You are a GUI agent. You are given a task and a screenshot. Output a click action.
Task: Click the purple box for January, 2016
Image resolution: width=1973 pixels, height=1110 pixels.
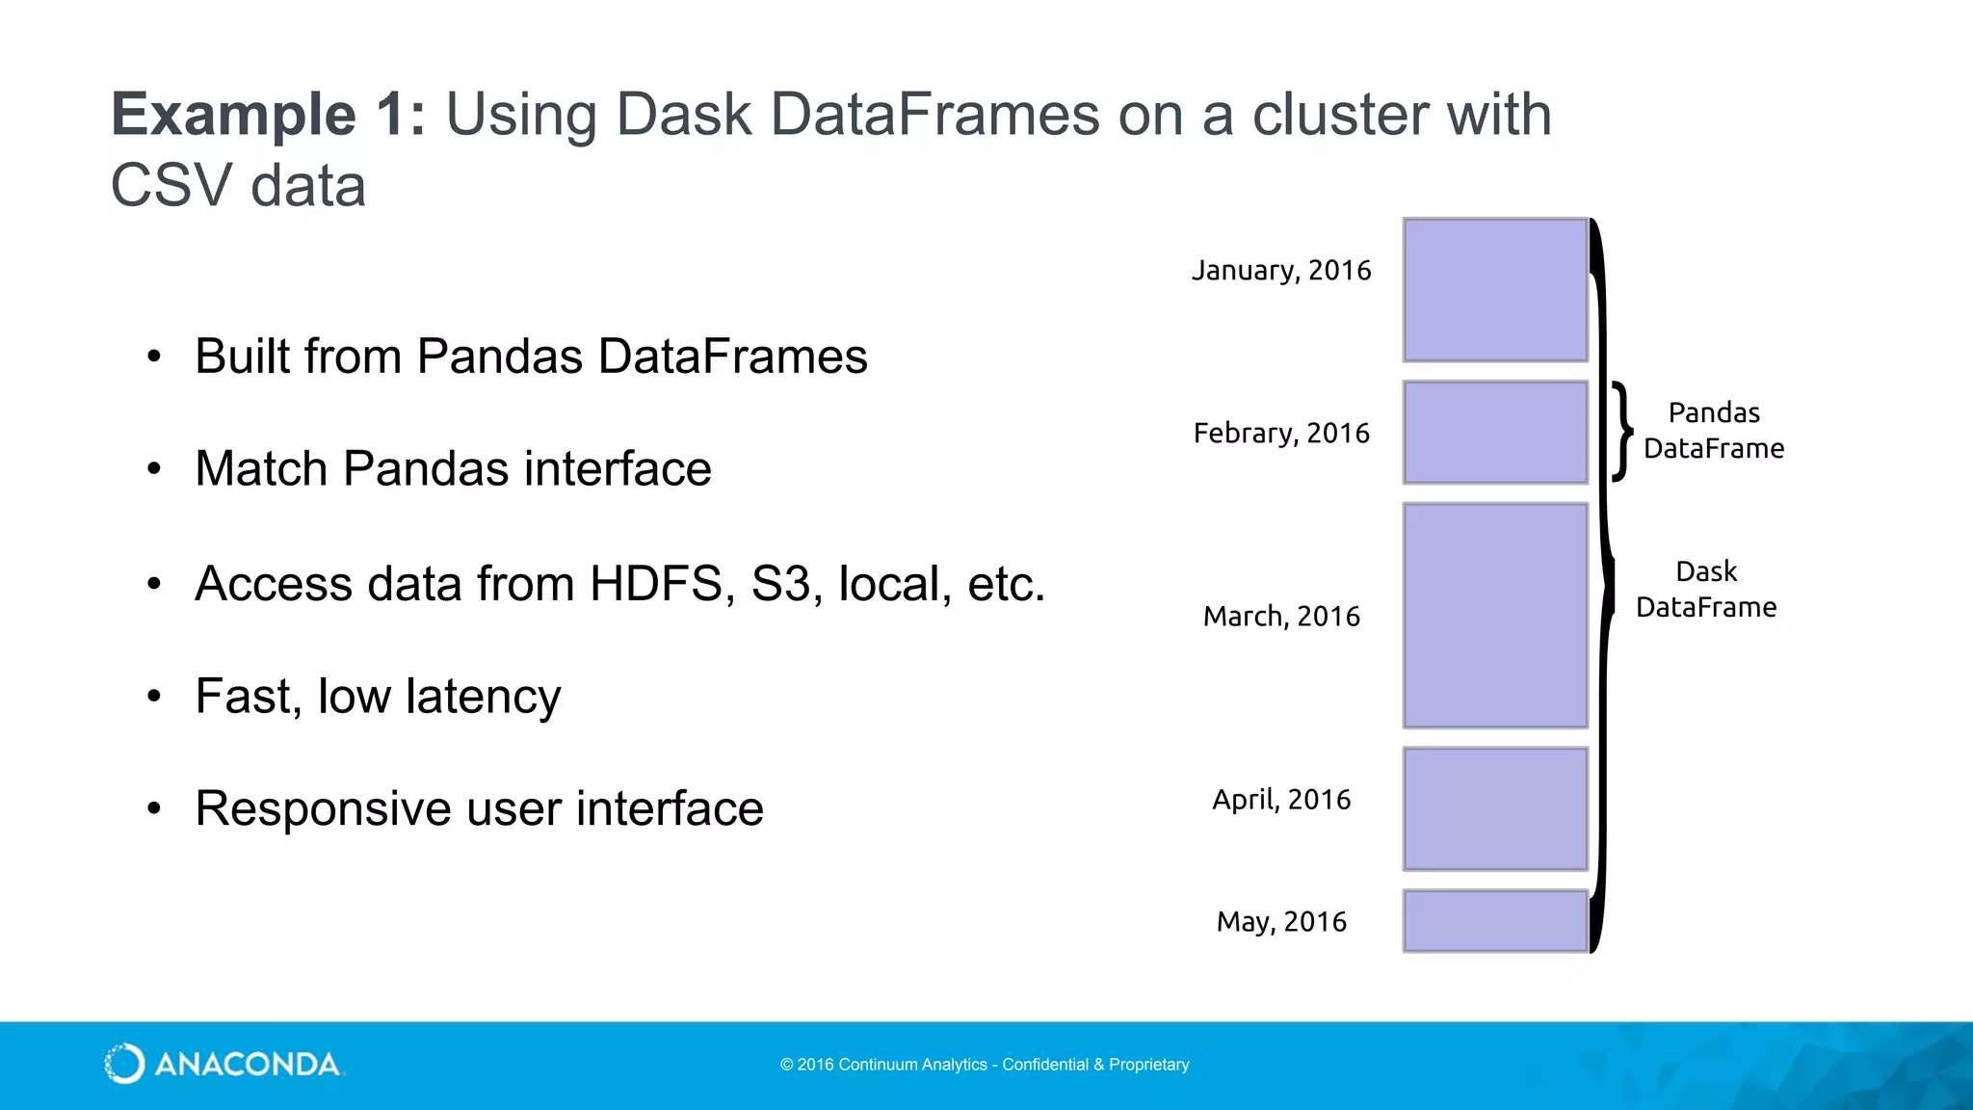[1495, 290]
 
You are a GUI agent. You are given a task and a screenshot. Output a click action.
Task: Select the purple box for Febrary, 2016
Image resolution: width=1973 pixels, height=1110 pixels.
[1495, 433]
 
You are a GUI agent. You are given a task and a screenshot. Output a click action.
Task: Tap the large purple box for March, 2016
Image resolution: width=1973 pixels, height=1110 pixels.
[1495, 616]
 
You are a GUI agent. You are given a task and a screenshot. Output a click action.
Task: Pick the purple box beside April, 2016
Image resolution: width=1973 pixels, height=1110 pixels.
[1495, 809]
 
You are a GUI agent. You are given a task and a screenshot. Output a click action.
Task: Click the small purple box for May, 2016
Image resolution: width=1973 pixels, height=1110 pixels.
[1495, 921]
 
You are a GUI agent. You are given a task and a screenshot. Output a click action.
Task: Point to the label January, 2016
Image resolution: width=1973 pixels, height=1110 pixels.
[1280, 271]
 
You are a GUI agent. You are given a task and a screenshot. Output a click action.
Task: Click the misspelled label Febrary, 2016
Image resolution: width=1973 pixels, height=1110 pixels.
[1280, 434]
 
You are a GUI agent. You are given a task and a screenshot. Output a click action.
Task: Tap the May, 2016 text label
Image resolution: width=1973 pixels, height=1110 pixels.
[1280, 922]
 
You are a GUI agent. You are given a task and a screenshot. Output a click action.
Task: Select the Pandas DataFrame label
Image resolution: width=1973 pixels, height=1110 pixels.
[1713, 431]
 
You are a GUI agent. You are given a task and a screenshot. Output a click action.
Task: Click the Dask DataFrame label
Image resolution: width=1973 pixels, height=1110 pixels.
[1705, 590]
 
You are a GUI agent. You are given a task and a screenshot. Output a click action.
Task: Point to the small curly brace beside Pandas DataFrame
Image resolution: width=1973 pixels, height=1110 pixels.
[1622, 431]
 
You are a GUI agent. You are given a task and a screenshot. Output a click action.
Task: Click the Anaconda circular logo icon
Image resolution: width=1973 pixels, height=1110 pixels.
[124, 1064]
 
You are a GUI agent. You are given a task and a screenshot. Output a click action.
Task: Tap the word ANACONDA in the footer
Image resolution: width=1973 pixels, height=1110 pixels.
[247, 1065]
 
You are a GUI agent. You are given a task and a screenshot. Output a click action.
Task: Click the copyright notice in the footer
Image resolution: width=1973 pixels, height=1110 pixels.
[984, 1065]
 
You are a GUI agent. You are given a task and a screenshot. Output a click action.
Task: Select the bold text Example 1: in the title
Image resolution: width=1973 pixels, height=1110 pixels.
[268, 115]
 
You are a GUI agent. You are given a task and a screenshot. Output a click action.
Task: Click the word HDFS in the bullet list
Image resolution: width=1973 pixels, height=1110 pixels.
[655, 584]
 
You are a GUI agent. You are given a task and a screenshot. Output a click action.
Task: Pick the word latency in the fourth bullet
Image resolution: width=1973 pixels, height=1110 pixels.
[483, 697]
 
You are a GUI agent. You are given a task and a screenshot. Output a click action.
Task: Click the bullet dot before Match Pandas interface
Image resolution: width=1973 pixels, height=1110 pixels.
[154, 469]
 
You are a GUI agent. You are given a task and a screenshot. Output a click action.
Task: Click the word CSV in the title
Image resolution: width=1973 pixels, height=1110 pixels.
[171, 185]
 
